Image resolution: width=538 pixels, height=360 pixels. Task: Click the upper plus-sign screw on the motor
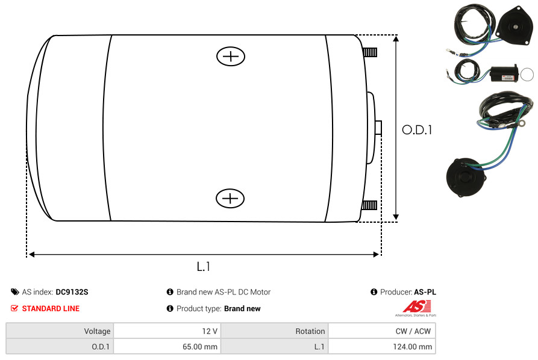pos(231,56)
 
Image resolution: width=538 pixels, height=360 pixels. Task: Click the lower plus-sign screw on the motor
pos(230,198)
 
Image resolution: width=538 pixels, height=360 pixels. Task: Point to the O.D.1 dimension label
pos(417,130)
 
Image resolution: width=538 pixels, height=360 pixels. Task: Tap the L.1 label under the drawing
pos(204,267)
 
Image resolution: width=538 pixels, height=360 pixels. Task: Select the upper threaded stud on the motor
pos(370,52)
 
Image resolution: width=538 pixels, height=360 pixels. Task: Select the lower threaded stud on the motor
pos(369,205)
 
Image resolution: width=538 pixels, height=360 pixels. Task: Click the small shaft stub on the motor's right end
pos(378,128)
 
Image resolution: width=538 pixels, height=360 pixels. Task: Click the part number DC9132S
pos(72,292)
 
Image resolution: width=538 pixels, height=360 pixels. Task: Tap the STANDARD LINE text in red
pos(51,309)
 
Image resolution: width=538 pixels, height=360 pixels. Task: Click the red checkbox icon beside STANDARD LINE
pos(14,308)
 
